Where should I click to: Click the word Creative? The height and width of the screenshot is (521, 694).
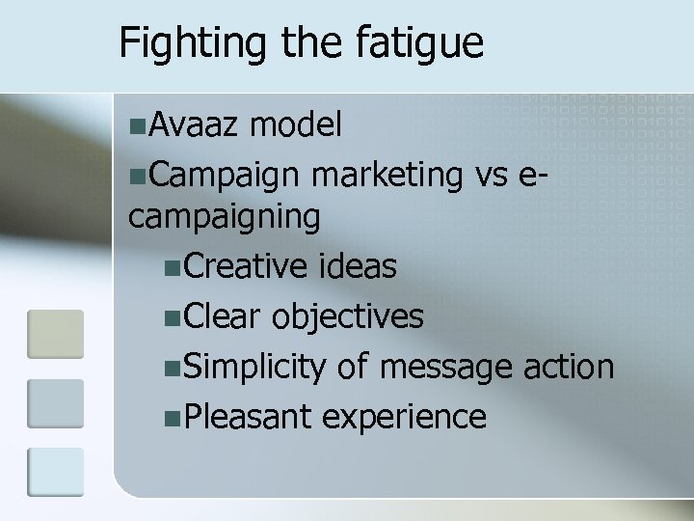244,266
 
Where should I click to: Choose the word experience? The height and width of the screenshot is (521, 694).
404,418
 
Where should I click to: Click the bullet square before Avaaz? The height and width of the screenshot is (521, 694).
140,124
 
